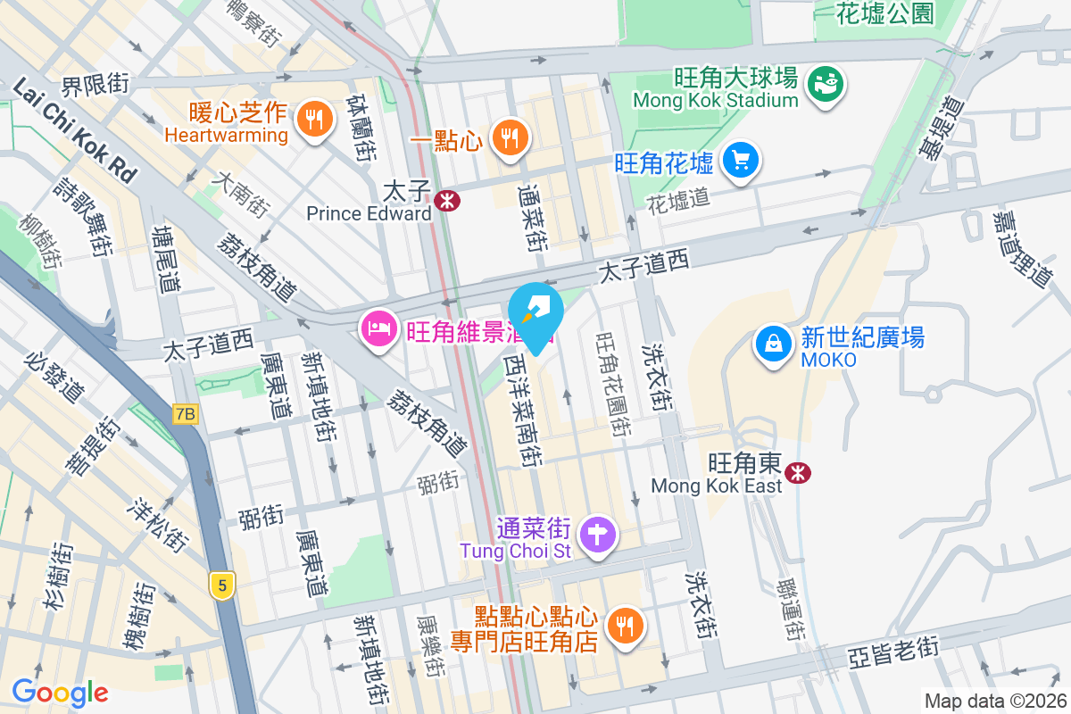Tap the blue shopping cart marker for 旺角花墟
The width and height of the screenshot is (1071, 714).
tap(741, 161)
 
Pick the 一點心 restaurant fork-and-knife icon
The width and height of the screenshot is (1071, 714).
tap(510, 137)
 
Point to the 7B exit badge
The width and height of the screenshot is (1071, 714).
tap(185, 414)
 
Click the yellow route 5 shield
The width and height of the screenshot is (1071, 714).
tap(222, 585)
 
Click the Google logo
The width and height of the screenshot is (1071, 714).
tap(60, 692)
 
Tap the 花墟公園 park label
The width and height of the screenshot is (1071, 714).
tap(885, 12)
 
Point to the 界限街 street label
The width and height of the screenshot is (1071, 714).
tap(95, 85)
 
